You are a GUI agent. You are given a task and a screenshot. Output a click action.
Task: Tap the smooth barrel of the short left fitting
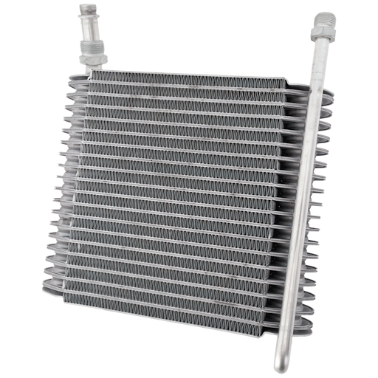coord(90,24)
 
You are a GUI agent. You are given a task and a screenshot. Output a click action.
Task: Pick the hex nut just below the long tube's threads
coord(323,41)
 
